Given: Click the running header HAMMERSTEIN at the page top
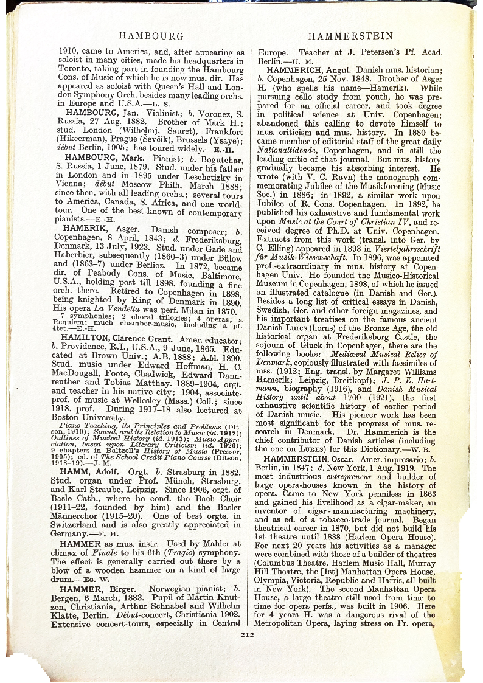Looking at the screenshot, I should point(350,36).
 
